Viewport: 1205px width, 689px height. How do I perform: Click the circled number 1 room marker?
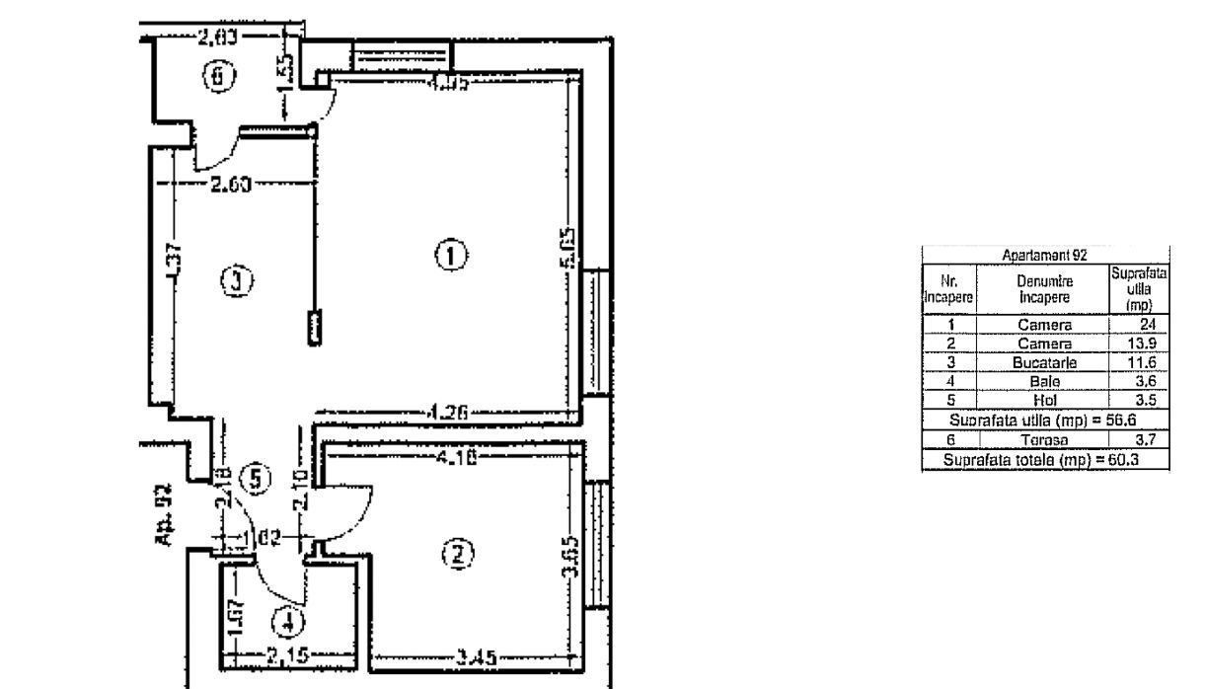[x=450, y=256]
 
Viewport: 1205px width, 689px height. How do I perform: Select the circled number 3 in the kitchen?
[x=237, y=281]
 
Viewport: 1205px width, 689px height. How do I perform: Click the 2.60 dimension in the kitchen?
[x=232, y=185]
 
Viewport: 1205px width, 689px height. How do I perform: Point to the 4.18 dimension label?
[x=453, y=456]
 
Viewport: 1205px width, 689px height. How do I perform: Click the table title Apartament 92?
[x=1042, y=256]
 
